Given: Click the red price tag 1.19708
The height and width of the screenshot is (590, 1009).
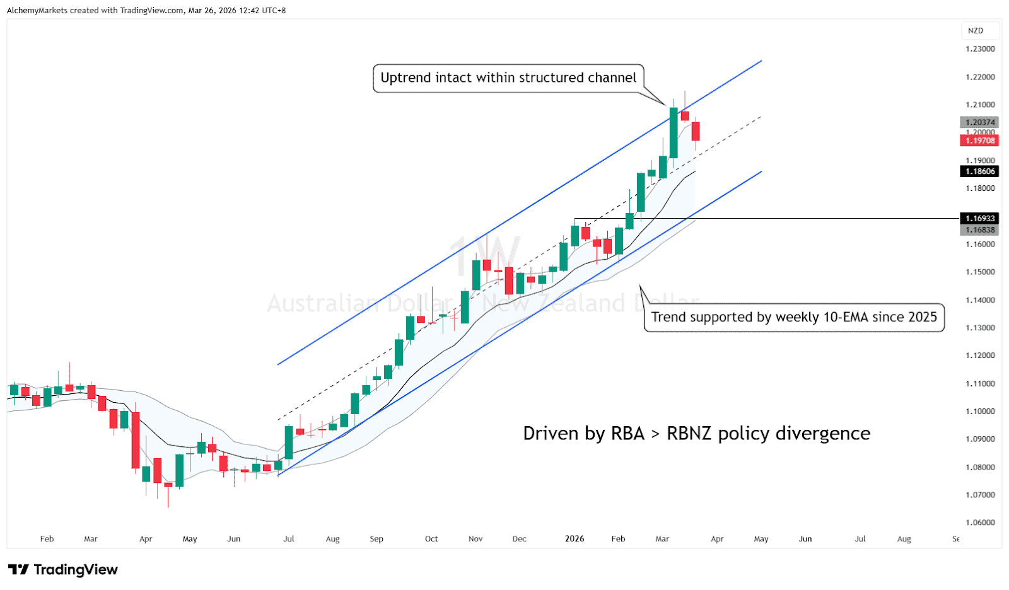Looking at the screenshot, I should tap(979, 141).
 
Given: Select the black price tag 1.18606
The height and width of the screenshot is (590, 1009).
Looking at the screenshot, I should tap(979, 171).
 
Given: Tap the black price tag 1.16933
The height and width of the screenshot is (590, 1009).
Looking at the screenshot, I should tap(979, 218).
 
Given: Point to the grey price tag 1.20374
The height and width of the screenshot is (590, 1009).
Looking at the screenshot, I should tap(979, 122).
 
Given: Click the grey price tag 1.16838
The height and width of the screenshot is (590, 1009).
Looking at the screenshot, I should tap(979, 230).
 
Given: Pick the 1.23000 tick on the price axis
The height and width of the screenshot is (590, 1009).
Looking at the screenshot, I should tap(980, 49).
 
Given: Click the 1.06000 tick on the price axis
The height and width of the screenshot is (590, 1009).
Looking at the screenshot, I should tap(980, 523).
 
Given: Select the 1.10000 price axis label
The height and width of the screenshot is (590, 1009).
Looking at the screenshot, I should tap(980, 412).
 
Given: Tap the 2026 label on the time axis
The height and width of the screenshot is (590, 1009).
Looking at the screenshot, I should tap(574, 539).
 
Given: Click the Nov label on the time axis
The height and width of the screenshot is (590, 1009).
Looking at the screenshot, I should tap(475, 539).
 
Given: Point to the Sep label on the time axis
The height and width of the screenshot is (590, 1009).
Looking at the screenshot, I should tap(376, 539).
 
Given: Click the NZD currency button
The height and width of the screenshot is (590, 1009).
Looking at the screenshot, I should tap(976, 30).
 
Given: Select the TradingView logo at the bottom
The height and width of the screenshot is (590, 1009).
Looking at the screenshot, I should tap(63, 570).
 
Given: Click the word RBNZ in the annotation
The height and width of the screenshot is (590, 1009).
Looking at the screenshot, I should tap(689, 434).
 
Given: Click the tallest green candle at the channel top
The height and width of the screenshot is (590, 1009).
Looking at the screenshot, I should tap(674, 132).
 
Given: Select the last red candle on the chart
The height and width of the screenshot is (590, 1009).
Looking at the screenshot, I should tap(696, 131).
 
